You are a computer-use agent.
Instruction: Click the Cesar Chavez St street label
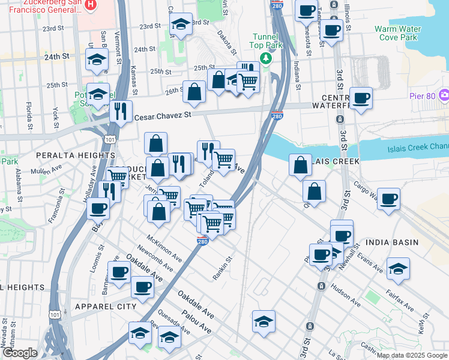[163, 116]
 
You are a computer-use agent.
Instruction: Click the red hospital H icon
[91, 5]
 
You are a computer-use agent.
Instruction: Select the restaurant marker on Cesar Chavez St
[121, 111]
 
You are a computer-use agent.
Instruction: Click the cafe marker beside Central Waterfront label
[360, 98]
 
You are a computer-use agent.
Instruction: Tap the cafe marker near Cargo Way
[388, 199]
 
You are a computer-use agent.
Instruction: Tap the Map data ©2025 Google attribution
[412, 355]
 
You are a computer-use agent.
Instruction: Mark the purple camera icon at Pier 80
[444, 95]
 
